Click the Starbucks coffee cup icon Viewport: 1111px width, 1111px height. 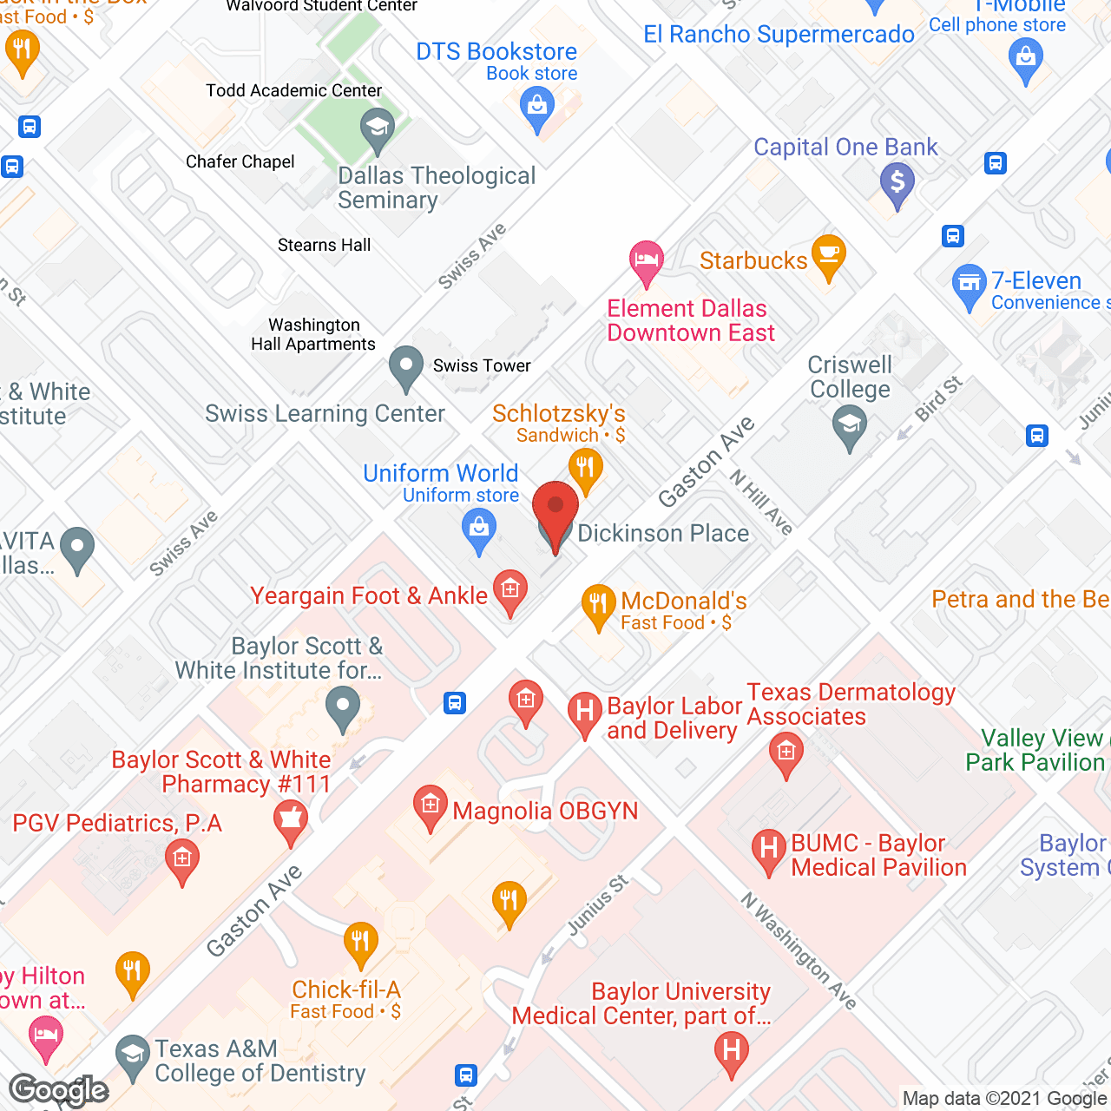click(x=829, y=254)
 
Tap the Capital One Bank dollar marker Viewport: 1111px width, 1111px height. click(x=897, y=183)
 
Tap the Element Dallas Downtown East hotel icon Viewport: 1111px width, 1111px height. click(x=646, y=260)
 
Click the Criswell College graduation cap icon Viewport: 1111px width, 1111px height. click(x=850, y=425)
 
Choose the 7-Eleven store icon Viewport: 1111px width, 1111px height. click(x=970, y=284)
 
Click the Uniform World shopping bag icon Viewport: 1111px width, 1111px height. click(x=479, y=528)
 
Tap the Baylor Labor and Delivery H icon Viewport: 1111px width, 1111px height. click(x=585, y=712)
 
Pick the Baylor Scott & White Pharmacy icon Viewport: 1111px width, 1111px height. click(x=291, y=820)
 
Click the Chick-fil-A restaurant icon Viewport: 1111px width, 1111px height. click(x=360, y=942)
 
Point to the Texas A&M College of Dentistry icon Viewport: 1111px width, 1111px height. click(x=132, y=1055)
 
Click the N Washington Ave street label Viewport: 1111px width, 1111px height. click(x=799, y=950)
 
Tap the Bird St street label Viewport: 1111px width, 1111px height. click(x=938, y=398)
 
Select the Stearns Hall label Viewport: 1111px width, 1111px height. click(x=324, y=246)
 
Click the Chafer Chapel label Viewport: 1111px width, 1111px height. click(x=240, y=162)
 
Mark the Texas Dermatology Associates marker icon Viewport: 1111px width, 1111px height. click(x=786, y=751)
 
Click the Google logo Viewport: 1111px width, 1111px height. click(x=59, y=1090)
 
